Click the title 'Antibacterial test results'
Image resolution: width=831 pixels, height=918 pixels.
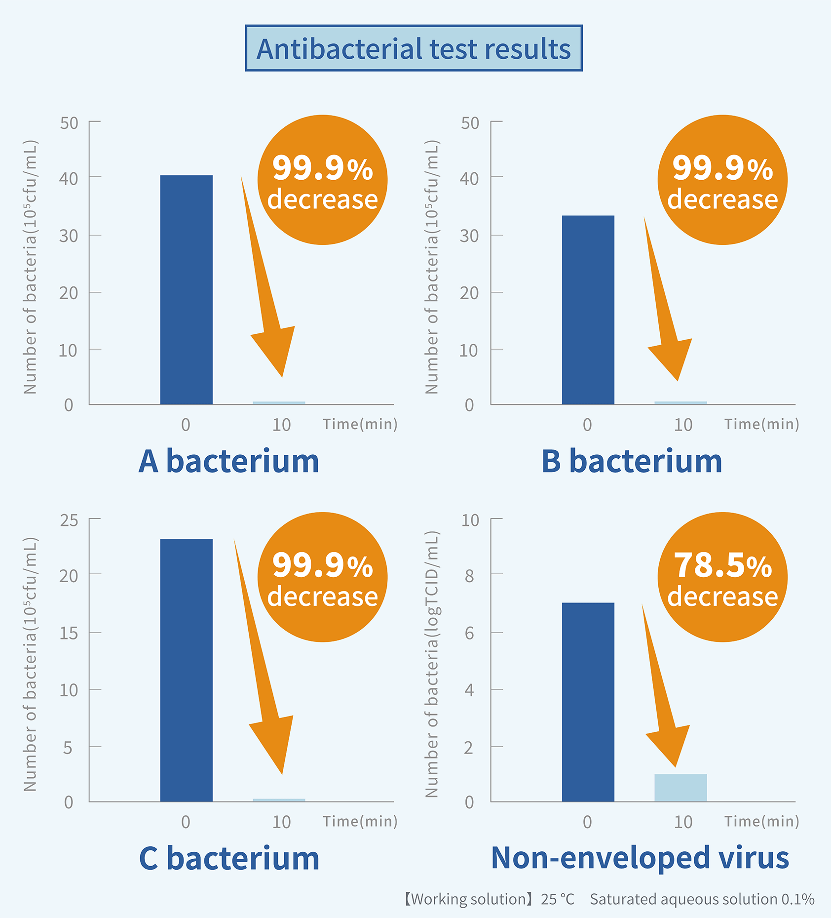(x=414, y=48)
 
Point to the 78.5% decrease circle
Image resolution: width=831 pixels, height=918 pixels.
(x=722, y=577)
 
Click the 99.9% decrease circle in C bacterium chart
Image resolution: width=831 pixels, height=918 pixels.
(x=322, y=577)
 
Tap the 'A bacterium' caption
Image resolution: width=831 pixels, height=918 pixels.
(x=228, y=461)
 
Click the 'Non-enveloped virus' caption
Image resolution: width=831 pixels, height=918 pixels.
(x=640, y=858)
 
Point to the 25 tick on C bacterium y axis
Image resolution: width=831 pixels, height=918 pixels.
(x=69, y=520)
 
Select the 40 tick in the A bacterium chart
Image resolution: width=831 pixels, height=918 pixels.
(x=69, y=179)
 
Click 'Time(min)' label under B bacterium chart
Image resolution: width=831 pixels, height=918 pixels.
(x=761, y=424)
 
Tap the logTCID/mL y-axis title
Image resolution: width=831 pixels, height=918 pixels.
(x=432, y=664)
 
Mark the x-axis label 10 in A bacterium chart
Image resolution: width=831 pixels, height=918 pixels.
(x=281, y=425)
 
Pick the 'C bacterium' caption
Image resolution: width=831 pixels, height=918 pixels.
(x=229, y=858)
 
